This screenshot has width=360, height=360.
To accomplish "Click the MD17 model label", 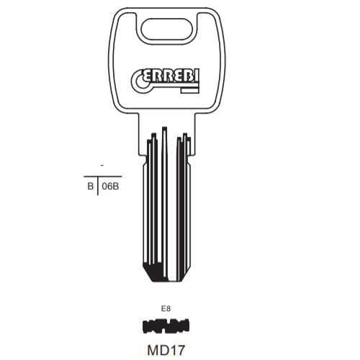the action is (x=166, y=350).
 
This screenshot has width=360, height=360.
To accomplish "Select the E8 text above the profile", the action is (x=166, y=308).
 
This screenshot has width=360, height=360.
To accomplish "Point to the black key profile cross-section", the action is (x=166, y=326).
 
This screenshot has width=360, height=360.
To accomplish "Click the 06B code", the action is (x=110, y=186).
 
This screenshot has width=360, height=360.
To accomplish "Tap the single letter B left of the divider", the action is (x=91, y=186).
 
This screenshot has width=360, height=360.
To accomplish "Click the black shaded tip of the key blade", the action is (x=155, y=272).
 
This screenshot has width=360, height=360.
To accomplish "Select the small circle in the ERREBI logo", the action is (x=141, y=84).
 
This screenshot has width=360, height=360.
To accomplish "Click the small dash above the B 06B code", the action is (x=102, y=166).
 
